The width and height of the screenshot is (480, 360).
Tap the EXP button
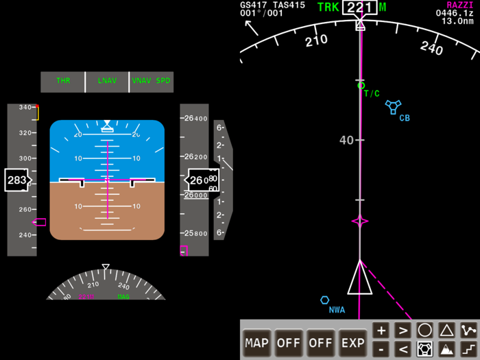point(353,342)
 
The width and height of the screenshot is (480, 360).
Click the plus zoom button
point(381,331)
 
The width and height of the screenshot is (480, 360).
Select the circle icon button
point(424,331)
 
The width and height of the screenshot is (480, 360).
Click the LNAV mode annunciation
point(107,81)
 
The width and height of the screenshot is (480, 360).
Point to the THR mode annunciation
point(63,81)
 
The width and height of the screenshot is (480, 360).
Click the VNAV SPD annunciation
point(151,81)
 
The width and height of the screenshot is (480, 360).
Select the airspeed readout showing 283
point(16,181)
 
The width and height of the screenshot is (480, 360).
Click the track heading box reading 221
point(359,8)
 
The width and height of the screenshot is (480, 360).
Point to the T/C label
point(372,94)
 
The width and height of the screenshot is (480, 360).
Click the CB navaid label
point(405,118)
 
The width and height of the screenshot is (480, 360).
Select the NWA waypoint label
point(337,310)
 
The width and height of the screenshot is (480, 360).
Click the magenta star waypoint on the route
point(360,221)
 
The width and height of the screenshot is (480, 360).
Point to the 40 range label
point(346,140)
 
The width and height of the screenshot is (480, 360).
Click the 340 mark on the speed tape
point(27,107)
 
